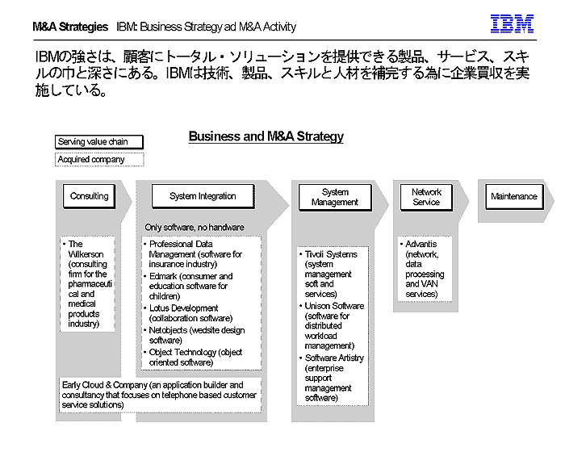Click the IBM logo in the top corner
(512, 25)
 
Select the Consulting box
(89, 196)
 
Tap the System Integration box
(203, 196)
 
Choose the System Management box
(335, 197)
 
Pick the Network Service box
(426, 197)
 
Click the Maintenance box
(513, 196)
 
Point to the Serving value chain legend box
(98, 142)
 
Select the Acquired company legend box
(98, 160)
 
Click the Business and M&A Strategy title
(266, 136)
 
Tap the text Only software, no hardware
(194, 228)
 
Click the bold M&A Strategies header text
(70, 27)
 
